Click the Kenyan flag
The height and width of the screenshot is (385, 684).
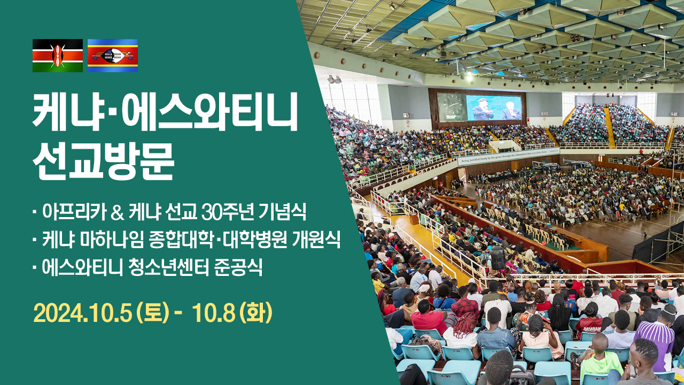click(x=57, y=55)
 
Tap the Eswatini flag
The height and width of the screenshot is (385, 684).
click(x=113, y=55)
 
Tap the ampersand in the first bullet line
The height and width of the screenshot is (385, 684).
click(x=117, y=212)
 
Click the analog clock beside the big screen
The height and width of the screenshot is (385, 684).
click(x=452, y=106)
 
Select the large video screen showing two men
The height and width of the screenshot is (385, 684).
click(x=494, y=108)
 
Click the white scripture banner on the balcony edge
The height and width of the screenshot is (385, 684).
click(x=508, y=156)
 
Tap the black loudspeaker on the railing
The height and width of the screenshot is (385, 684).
click(x=498, y=258)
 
